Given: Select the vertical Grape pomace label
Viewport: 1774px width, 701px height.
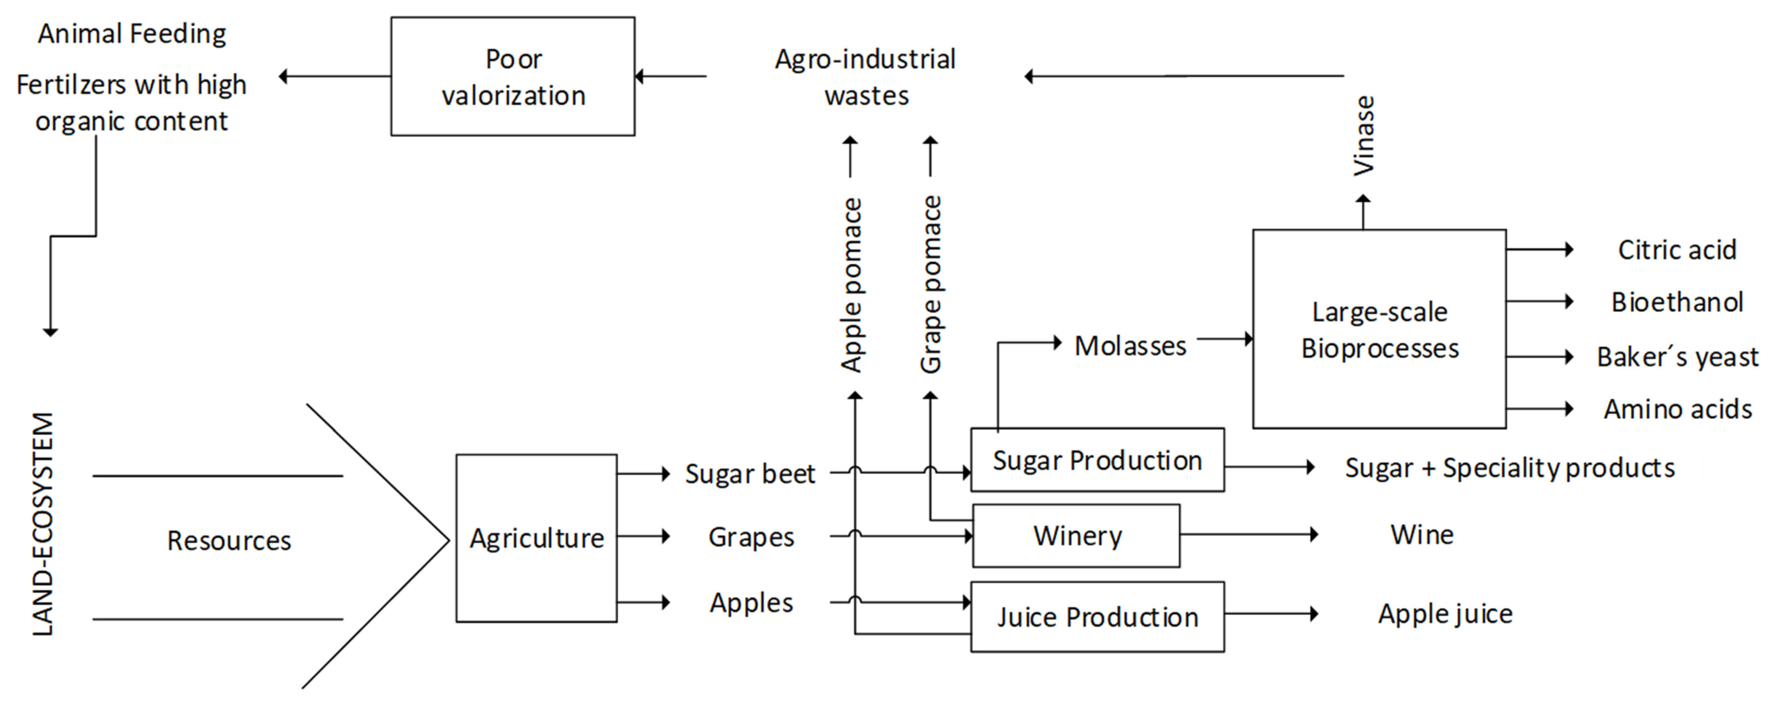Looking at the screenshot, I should [x=930, y=284].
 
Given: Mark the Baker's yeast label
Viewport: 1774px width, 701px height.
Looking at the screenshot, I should [x=1677, y=357].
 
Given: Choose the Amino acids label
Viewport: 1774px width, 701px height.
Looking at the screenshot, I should [x=1677, y=409].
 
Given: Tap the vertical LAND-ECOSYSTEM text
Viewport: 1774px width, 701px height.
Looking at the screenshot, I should [x=43, y=523].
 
